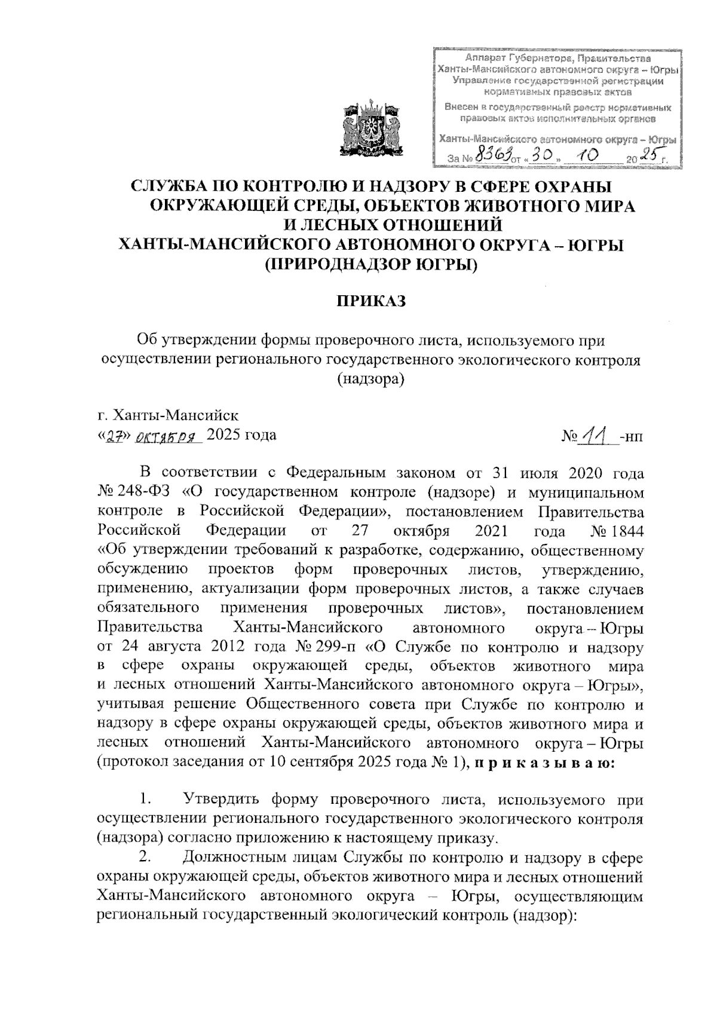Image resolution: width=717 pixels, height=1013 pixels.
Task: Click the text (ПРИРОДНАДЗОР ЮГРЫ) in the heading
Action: point(371,264)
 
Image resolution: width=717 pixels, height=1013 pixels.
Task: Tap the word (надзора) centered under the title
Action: point(371,379)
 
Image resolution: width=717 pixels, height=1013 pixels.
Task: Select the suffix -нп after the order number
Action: point(632,437)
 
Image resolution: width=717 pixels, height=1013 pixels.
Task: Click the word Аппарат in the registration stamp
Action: point(485,59)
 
